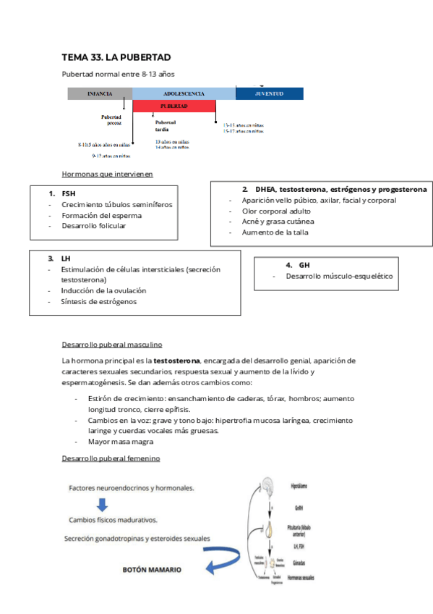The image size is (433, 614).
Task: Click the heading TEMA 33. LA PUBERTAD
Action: tap(116, 57)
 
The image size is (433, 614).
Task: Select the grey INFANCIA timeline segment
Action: tap(100, 93)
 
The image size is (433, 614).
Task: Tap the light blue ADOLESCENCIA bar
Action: tap(184, 93)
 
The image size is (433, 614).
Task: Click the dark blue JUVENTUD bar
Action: tap(269, 93)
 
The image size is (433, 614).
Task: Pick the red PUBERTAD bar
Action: tap(174, 106)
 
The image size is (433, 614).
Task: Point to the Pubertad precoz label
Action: tap(111, 119)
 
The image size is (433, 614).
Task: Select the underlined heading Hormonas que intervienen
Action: tap(107, 174)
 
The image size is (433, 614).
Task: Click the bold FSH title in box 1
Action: tap(69, 194)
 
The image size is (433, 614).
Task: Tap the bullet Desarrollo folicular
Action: tap(93, 226)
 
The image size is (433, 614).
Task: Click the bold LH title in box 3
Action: tap(66, 258)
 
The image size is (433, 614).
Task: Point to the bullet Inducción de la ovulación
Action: tap(103, 290)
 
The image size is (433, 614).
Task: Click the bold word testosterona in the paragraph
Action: tap(176, 360)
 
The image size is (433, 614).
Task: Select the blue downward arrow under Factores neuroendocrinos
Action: tap(103, 505)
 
